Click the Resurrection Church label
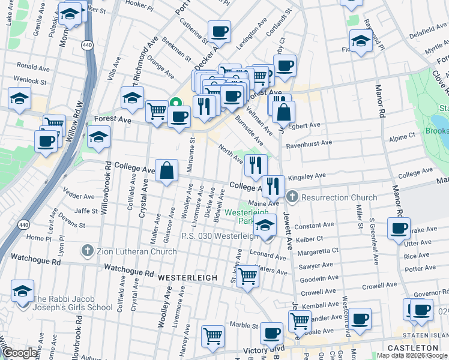click(x=339, y=197)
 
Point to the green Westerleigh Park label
click(x=242, y=216)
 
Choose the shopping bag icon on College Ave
click(x=166, y=170)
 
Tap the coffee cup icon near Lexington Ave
click(x=219, y=31)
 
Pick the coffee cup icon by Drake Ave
click(x=399, y=229)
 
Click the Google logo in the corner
click(x=20, y=353)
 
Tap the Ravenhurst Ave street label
click(x=309, y=143)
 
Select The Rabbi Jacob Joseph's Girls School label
click(x=73, y=303)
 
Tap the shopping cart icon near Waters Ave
click(x=247, y=277)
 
